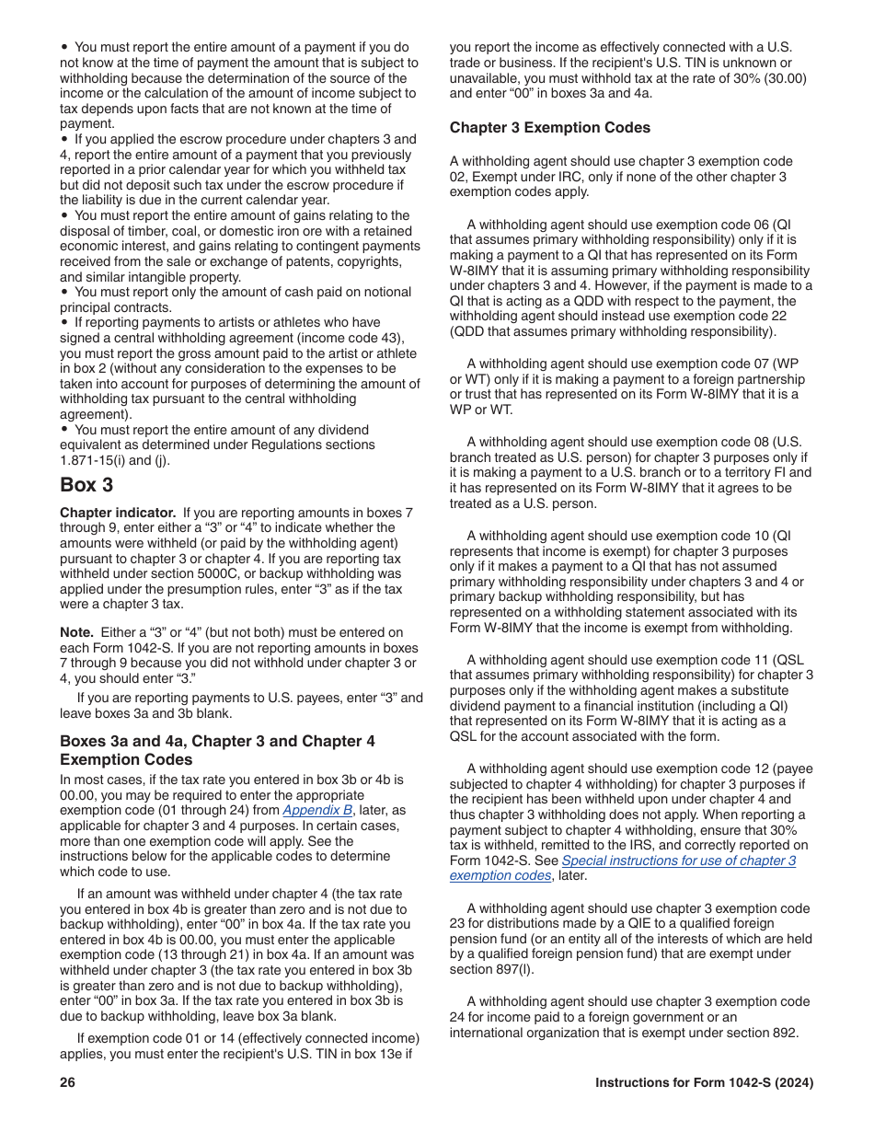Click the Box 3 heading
86,484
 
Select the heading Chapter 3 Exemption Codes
549,127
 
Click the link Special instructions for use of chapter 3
678,861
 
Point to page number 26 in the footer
67,1082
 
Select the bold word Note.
75,632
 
